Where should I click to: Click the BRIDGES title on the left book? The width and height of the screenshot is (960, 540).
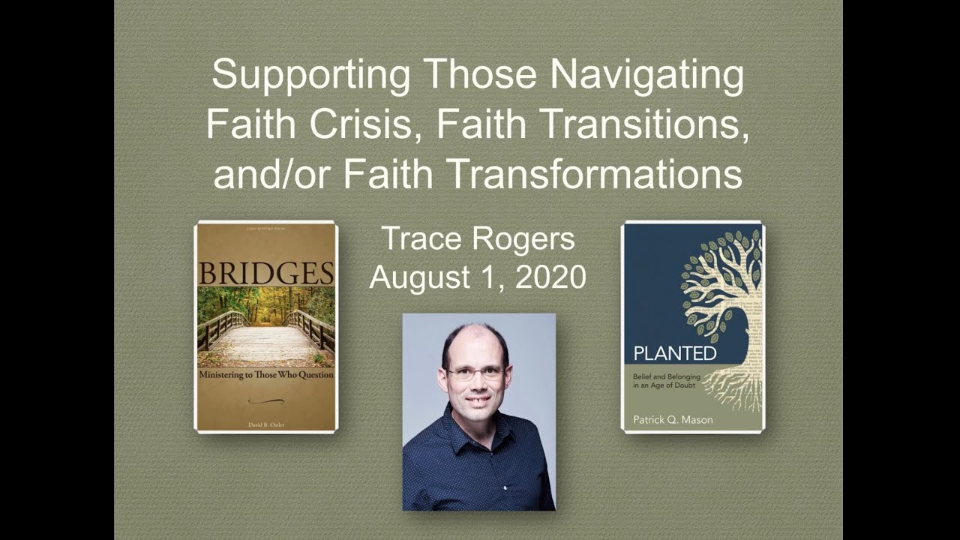click(x=265, y=274)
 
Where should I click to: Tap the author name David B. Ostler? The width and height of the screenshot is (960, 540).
click(x=265, y=424)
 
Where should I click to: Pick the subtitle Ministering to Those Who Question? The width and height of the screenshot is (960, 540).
click(x=265, y=374)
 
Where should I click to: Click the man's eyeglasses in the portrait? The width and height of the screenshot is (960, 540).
click(x=475, y=372)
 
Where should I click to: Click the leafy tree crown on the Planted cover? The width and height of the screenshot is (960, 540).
click(x=720, y=277)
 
